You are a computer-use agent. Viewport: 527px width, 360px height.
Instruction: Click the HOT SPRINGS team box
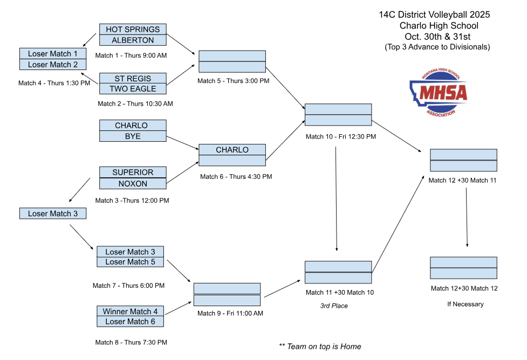coord(133,29)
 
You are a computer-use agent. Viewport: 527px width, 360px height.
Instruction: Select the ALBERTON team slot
coord(133,40)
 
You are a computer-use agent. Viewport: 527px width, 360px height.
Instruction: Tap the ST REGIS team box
coord(133,78)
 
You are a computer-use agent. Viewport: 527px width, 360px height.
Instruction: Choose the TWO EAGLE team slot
coord(133,89)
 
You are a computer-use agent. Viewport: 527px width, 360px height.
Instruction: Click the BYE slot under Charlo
coord(133,136)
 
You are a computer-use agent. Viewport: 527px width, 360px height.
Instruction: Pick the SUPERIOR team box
coord(133,172)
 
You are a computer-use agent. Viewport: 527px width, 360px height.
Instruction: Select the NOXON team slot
coord(133,184)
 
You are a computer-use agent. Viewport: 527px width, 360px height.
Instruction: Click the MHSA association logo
coord(437,92)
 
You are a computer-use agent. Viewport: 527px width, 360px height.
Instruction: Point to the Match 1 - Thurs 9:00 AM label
coord(131,56)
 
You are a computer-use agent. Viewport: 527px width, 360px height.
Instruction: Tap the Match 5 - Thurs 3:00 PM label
coord(233,81)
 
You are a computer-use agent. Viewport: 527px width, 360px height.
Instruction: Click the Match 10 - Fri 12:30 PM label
coord(340,136)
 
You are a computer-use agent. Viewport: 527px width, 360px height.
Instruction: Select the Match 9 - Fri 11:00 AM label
coord(230,313)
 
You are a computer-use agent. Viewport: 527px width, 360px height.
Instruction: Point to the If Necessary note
coord(465,304)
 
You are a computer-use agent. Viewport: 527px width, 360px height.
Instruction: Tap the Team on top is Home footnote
coord(320,346)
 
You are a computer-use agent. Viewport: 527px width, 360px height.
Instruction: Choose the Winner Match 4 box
coord(130,311)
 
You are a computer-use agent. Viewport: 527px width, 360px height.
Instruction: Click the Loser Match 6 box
coord(130,322)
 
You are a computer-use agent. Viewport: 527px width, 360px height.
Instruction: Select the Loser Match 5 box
coord(130,262)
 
